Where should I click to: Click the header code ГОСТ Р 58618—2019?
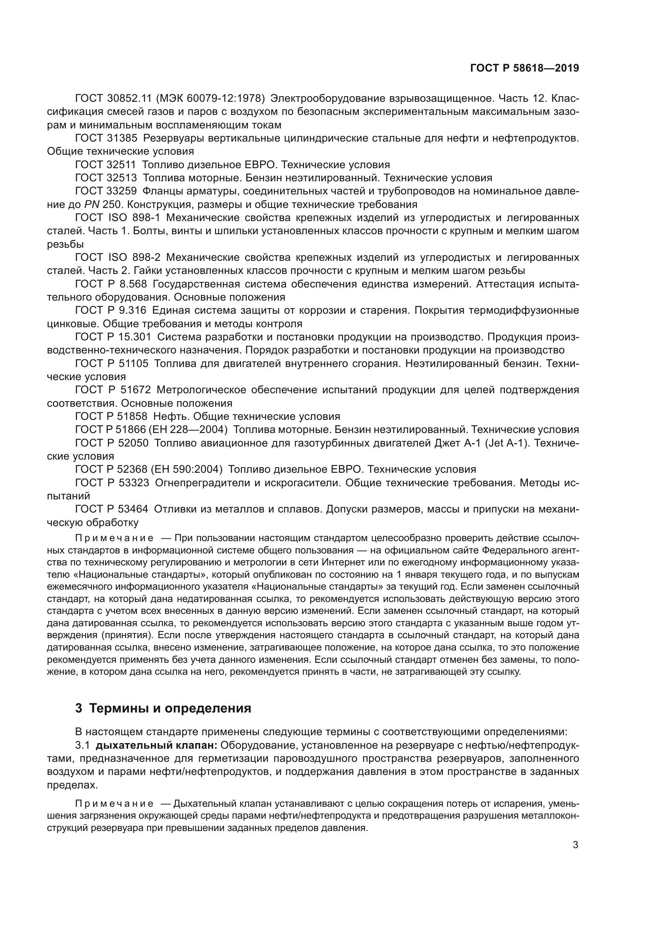524,68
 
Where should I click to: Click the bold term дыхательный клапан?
157,745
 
